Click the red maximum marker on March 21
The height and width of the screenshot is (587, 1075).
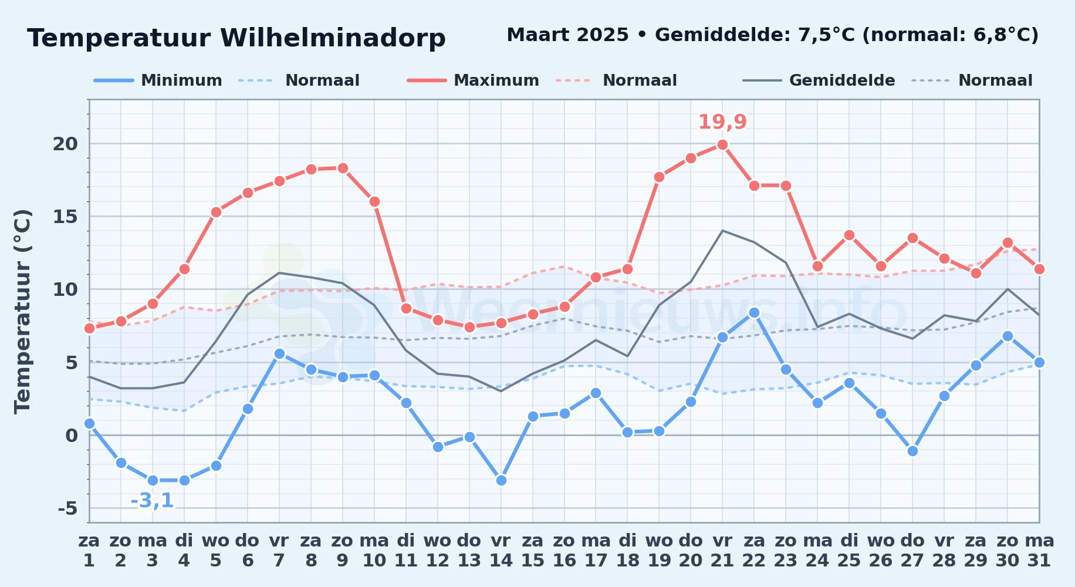tap(722, 145)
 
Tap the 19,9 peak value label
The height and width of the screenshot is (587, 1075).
tap(722, 122)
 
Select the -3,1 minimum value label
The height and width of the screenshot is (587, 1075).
tap(152, 501)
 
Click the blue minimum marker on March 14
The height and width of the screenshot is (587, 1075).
tap(501, 480)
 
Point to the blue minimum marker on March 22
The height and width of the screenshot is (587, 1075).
tap(754, 313)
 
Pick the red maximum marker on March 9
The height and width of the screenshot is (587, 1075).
tap(343, 168)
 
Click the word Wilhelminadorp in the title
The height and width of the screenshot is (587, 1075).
tap(333, 38)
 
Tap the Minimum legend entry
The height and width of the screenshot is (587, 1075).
tap(158, 80)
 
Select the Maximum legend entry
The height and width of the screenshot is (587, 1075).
tap(473, 80)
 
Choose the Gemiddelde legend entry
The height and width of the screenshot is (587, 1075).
tap(819, 80)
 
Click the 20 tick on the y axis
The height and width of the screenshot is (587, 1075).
tap(65, 144)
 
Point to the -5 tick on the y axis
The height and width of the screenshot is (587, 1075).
tap(67, 508)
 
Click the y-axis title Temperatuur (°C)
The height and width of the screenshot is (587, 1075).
tap(22, 312)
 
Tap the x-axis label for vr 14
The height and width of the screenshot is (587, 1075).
tap(501, 551)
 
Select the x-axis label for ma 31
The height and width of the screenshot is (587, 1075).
tap(1039, 551)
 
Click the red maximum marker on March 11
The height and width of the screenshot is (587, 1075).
tap(406, 308)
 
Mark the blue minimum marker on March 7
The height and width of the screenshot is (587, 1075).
tap(279, 353)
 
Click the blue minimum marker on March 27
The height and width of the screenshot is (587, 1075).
tap(912, 451)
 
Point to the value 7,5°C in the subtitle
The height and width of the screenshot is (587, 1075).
tap(827, 35)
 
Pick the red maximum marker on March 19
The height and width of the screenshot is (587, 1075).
tap(659, 177)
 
